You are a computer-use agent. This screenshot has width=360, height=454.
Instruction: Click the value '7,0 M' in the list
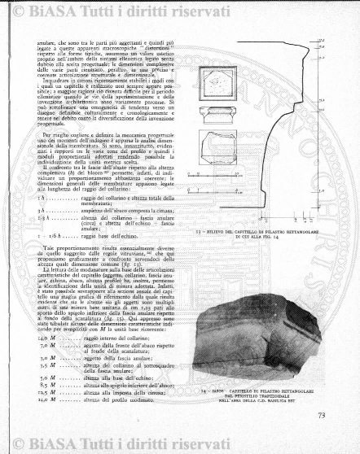(52, 324)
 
